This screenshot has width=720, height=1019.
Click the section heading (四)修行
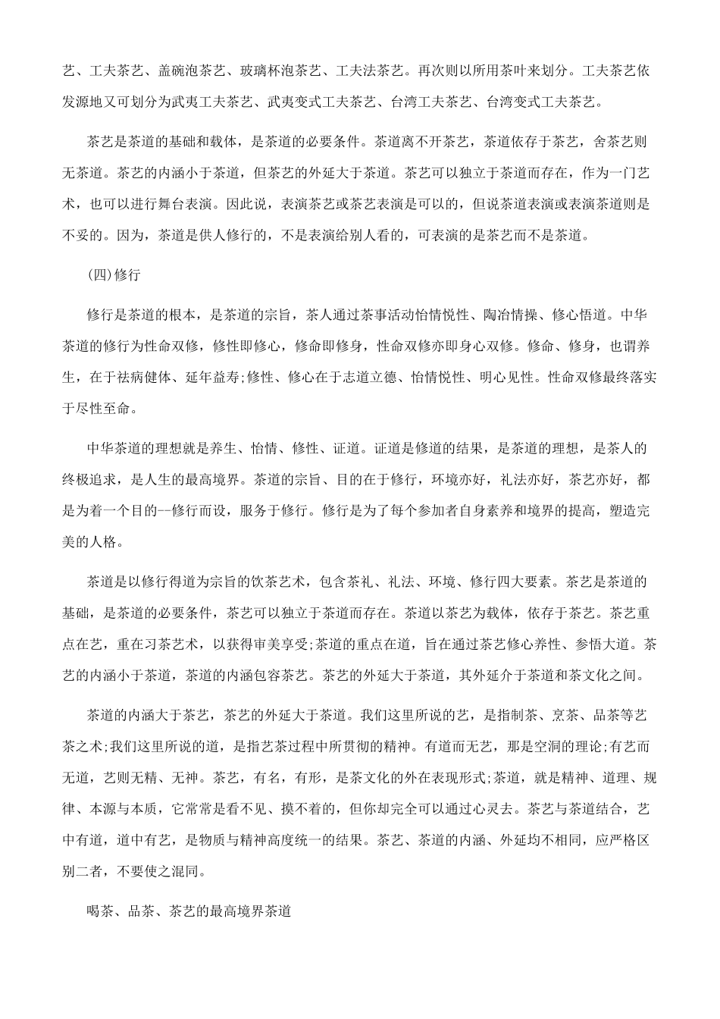click(x=114, y=277)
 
